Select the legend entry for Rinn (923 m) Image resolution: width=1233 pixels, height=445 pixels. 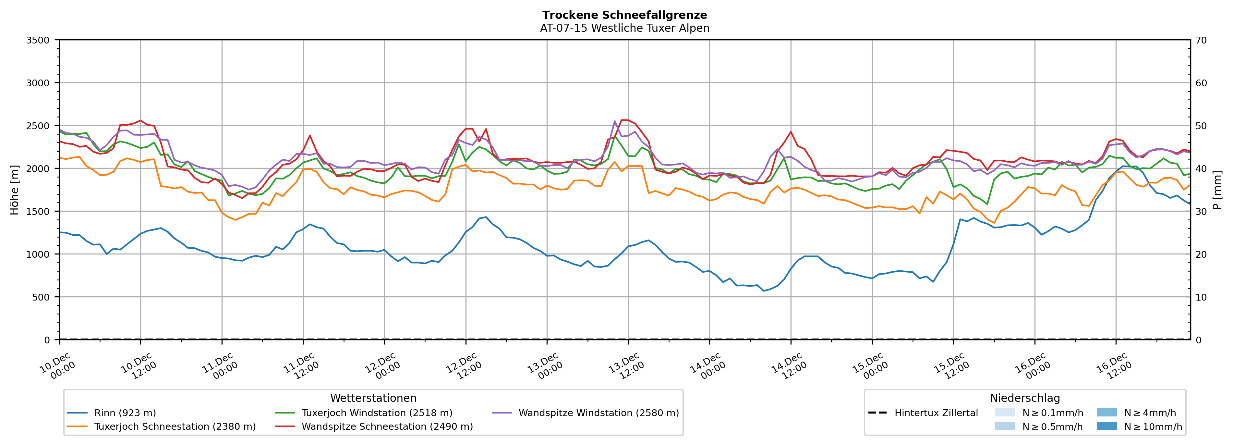(x=125, y=413)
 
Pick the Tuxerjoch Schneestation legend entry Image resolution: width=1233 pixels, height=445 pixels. (x=175, y=427)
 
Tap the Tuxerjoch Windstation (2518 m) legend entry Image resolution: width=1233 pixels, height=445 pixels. (x=377, y=413)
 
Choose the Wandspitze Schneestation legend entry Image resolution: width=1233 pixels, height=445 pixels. (x=387, y=427)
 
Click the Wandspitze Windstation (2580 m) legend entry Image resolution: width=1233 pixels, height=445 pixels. (x=598, y=413)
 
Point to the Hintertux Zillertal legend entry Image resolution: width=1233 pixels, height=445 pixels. (x=936, y=413)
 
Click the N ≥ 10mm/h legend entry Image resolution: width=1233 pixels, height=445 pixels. (x=1153, y=427)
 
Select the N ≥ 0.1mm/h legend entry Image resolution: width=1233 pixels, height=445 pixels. (x=1052, y=413)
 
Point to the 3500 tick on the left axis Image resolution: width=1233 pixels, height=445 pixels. (x=38, y=40)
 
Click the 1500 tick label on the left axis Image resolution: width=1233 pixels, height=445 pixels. (x=38, y=212)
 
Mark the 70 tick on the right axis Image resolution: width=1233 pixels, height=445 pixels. (x=1201, y=40)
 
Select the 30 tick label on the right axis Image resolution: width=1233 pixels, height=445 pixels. (x=1201, y=212)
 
